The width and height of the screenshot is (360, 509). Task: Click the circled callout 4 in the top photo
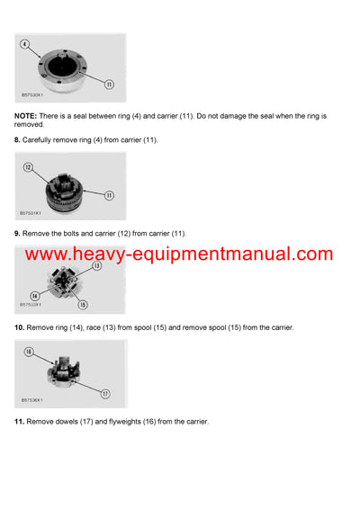coord(24,44)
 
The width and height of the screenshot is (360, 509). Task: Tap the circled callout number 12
coord(28,167)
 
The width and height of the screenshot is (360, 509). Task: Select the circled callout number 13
coord(96,266)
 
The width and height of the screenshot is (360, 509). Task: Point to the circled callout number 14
coord(33,294)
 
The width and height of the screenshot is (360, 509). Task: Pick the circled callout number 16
coord(28,353)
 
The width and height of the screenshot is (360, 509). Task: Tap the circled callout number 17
coord(104,393)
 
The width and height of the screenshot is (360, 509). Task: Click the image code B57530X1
coord(33,93)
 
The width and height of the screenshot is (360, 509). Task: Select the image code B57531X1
coord(33,213)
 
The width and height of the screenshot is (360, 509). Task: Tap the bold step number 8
coord(17,139)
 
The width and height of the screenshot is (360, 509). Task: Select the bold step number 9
coord(17,233)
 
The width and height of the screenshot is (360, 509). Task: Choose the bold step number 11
coord(19,421)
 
